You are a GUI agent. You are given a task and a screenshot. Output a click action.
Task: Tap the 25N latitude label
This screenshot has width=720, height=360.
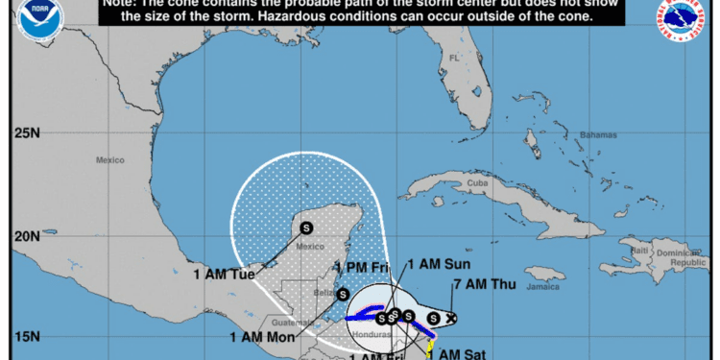click(27, 132)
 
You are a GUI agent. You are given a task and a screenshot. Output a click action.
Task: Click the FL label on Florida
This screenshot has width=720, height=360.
click(454, 59)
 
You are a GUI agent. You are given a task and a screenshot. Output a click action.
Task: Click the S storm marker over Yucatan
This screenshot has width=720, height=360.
click(306, 228)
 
